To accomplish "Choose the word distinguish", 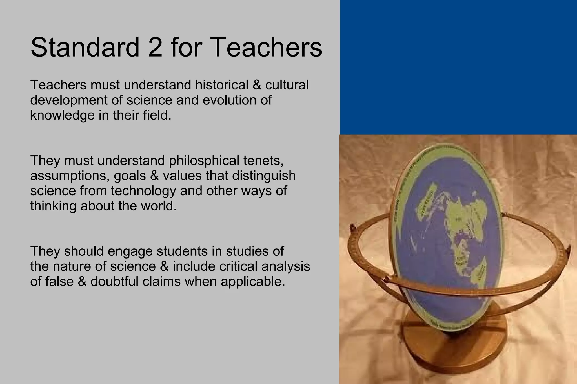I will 264,176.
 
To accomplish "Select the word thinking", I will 54,206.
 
